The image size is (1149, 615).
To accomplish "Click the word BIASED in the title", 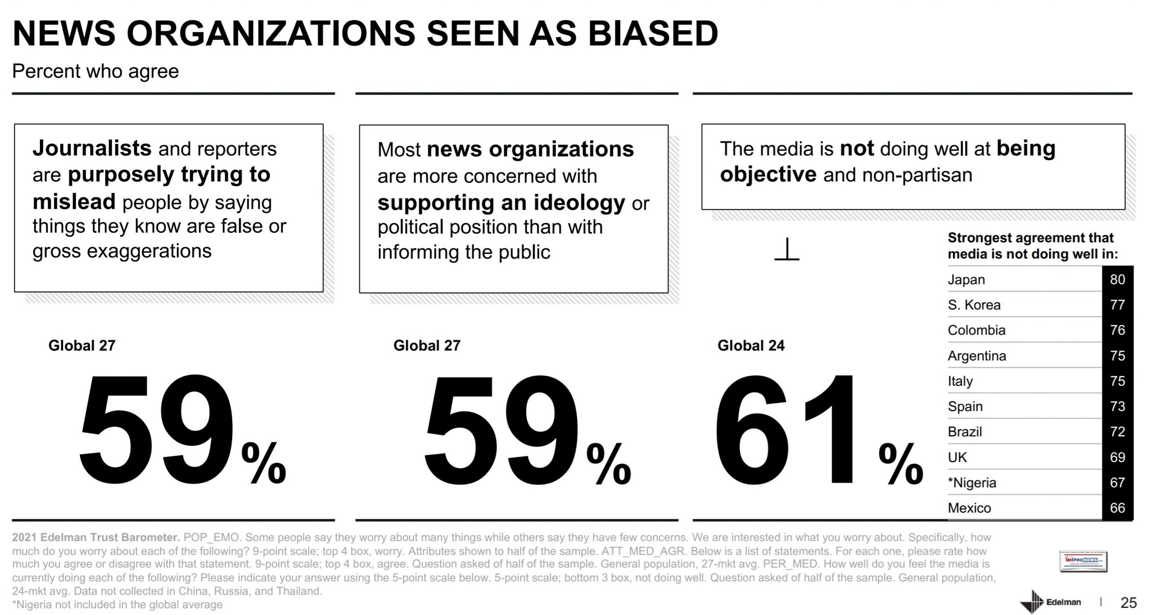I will tap(653, 34).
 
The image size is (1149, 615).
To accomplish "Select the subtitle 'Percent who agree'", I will tap(95, 71).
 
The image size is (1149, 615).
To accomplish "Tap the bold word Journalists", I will tap(92, 148).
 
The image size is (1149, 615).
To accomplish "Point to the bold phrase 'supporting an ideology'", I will tap(501, 203).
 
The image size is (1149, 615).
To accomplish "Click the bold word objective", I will tap(768, 174).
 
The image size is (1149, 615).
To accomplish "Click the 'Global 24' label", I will tap(751, 345).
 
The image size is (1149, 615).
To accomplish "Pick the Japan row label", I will tap(966, 279).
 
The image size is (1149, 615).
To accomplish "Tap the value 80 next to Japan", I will tap(1117, 279).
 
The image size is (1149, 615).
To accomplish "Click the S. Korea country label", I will tap(974, 305).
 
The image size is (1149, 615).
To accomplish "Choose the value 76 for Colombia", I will tap(1117, 330).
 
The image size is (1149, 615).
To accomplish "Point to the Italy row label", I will tap(960, 381).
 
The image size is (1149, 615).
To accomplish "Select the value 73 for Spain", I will tap(1117, 406).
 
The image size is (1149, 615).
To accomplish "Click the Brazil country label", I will tap(965, 432).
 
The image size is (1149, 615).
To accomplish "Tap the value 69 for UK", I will tap(1117, 457).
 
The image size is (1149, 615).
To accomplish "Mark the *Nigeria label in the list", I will tap(972, 483).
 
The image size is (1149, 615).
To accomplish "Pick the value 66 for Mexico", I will tap(1117, 508).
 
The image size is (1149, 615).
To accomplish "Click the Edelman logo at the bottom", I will tap(1050, 602).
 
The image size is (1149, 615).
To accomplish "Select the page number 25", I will tap(1128, 602).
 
